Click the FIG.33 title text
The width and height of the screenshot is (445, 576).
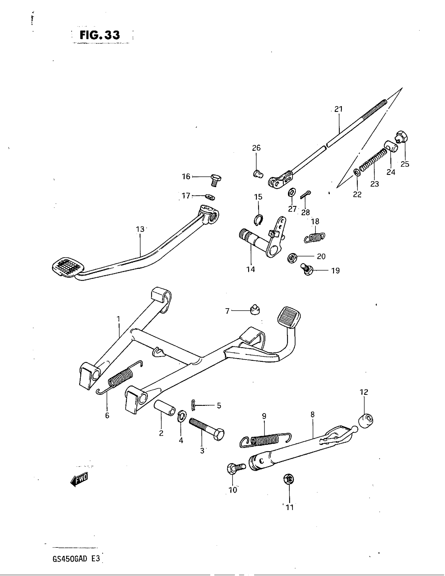[100, 35]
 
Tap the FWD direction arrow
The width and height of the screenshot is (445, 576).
[79, 480]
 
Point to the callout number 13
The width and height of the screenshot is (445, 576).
[140, 229]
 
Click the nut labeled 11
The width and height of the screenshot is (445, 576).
[289, 479]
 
